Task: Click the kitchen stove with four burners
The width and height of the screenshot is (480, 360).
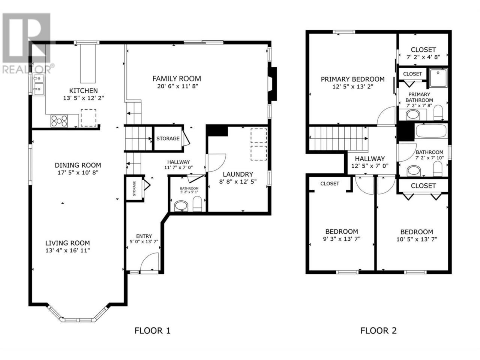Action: (59, 121)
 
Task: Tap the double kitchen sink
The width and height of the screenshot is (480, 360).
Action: (38, 84)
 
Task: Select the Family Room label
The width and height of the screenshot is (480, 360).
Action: (177, 78)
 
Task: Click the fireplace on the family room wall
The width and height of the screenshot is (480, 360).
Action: (273, 84)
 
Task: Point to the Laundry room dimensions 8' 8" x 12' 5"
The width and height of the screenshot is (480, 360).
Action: (238, 181)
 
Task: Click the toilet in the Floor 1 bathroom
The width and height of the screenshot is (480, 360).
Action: (197, 204)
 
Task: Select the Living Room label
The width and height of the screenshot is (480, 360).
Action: (67, 243)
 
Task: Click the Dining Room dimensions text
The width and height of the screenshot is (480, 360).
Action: (78, 172)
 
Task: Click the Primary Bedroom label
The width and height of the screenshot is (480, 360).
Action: (352, 79)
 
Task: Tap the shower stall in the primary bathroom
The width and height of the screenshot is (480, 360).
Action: (438, 78)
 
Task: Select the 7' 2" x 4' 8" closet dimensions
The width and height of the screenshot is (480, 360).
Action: (423, 57)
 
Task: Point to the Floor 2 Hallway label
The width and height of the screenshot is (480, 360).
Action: (370, 159)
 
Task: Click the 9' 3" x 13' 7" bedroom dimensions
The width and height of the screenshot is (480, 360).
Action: (342, 239)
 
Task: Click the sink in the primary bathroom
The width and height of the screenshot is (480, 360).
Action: (412, 115)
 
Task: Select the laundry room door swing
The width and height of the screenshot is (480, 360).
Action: (216, 163)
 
